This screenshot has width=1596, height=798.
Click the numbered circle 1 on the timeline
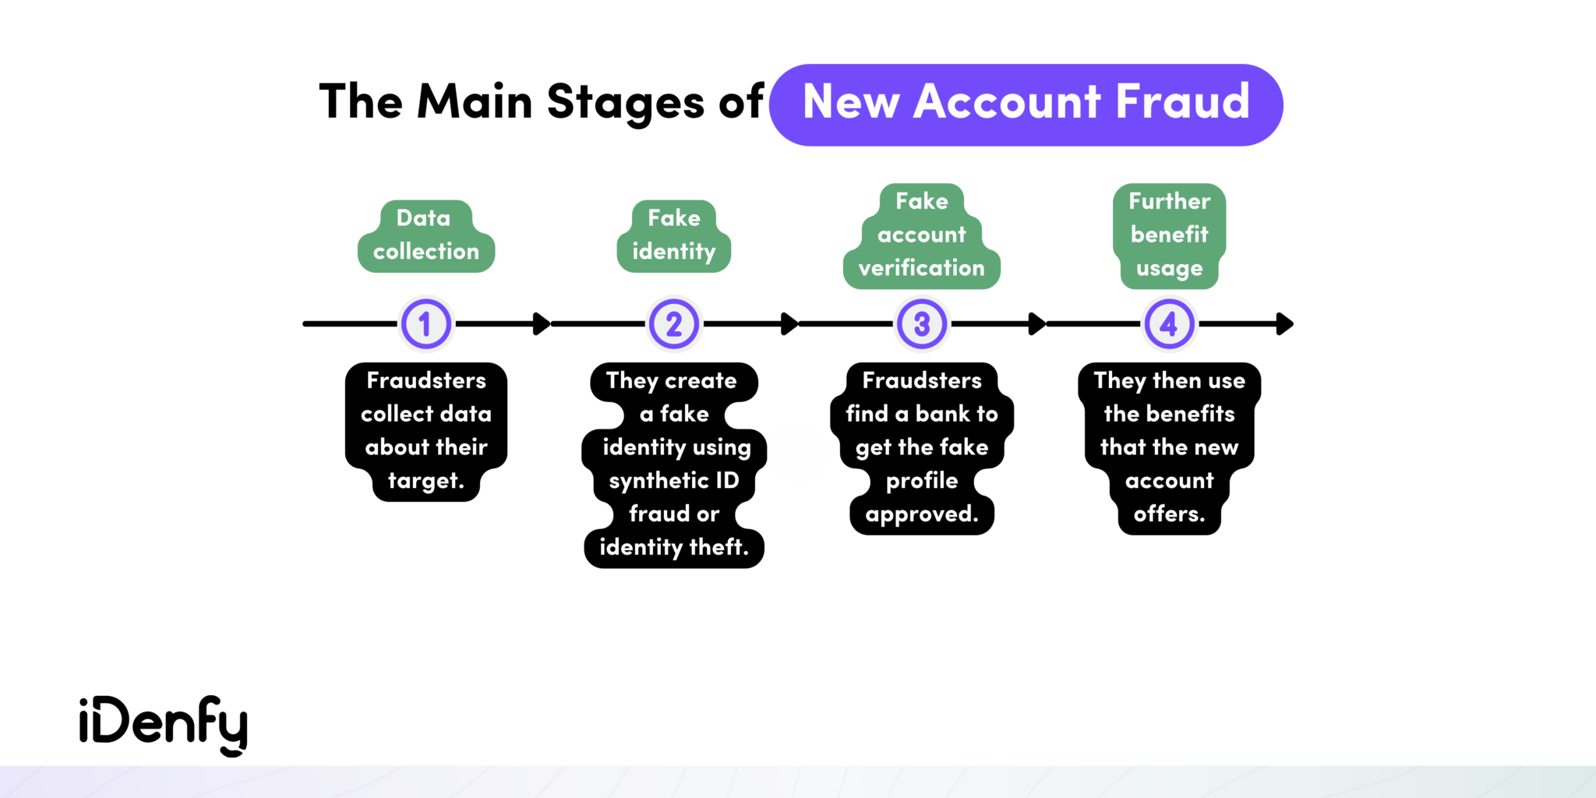[425, 323]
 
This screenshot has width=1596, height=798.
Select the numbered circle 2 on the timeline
[674, 323]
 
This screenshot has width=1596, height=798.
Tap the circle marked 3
[922, 323]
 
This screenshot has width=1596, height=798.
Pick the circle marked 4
[1169, 323]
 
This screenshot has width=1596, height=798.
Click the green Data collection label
[425, 235]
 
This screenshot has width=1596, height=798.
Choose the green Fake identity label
[674, 235]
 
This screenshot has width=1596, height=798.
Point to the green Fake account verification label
[922, 235]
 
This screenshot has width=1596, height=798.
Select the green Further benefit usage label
[1169, 235]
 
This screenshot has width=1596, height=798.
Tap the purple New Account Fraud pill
[1026, 104]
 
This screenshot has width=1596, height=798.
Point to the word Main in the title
[474, 101]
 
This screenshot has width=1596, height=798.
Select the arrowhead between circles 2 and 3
[789, 323]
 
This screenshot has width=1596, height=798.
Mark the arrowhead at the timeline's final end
[1285, 323]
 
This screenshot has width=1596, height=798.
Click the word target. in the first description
[425, 481]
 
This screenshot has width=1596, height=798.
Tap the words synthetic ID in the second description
[674, 481]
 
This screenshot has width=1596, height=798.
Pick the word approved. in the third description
[922, 514]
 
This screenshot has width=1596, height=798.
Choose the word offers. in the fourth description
[1169, 514]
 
